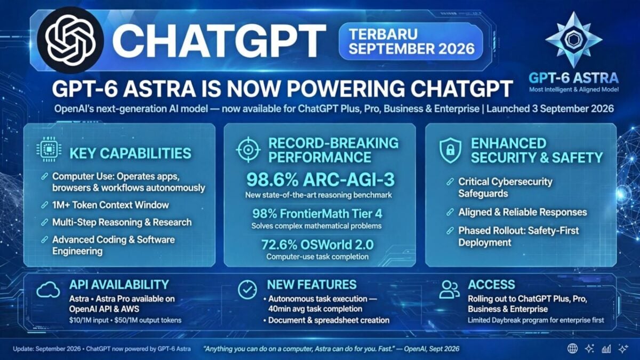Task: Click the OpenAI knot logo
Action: pyautogui.click(x=70, y=40)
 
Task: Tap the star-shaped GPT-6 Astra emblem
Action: pyautogui.click(x=573, y=40)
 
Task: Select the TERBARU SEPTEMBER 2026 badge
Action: pyautogui.click(x=411, y=42)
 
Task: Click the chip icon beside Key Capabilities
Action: pyautogui.click(x=49, y=149)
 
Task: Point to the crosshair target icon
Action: pyautogui.click(x=249, y=150)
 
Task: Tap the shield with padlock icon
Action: pyautogui.click(x=450, y=150)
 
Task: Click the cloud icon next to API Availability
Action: pyautogui.click(x=49, y=290)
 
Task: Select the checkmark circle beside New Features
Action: pyautogui.click(x=247, y=290)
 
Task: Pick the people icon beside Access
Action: pyautogui.click(x=450, y=290)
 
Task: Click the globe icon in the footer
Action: pyautogui.click(x=572, y=349)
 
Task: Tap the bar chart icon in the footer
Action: pyautogui.click(x=606, y=349)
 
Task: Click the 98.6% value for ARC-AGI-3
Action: pyautogui.click(x=272, y=180)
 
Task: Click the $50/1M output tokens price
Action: pyautogui.click(x=148, y=320)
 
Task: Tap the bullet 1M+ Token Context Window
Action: pyautogui.click(x=110, y=205)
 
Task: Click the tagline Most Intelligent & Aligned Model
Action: pyautogui.click(x=574, y=90)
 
